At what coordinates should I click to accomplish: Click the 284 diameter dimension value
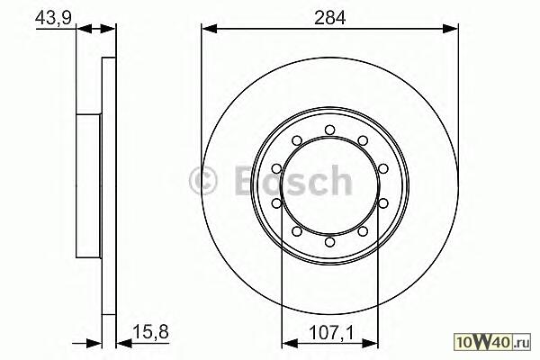tap(329, 18)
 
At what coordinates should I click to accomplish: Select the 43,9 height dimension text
tap(53, 18)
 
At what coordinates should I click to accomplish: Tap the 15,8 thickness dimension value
tap(151, 332)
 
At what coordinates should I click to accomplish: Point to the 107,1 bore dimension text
tap(331, 333)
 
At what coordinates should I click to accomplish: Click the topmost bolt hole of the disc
tap(330, 130)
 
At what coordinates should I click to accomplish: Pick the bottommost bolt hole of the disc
tap(330, 242)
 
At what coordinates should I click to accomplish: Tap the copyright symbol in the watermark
tap(203, 181)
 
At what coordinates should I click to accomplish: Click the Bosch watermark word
tap(293, 181)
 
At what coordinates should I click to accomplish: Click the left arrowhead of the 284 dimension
tap(209, 29)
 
